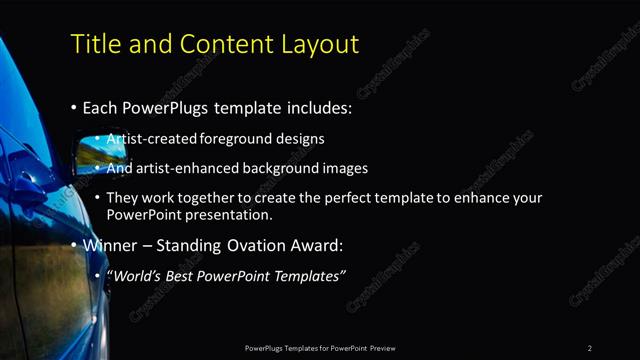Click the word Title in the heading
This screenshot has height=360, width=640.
pyautogui.click(x=95, y=44)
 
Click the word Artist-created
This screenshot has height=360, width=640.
pyautogui.click(x=151, y=138)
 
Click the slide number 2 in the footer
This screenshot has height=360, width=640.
pyautogui.click(x=590, y=348)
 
